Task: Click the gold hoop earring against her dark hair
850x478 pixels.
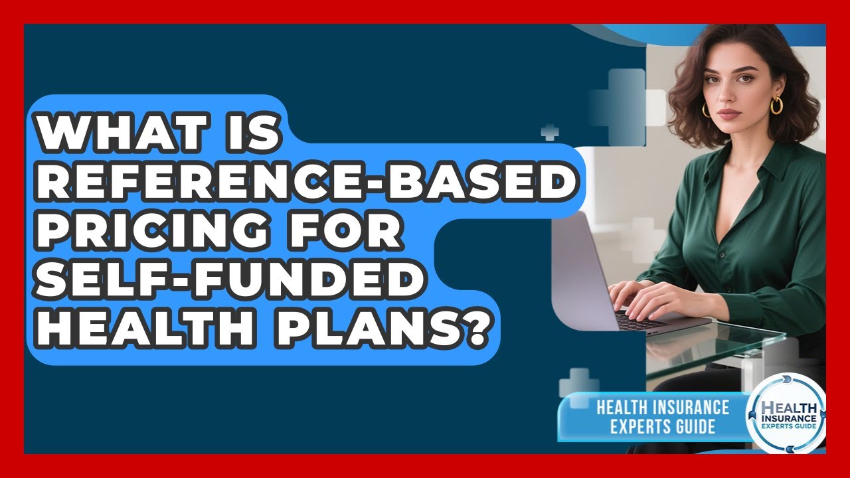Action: click(776, 105)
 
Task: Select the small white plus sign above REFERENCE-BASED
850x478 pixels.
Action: click(549, 132)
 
